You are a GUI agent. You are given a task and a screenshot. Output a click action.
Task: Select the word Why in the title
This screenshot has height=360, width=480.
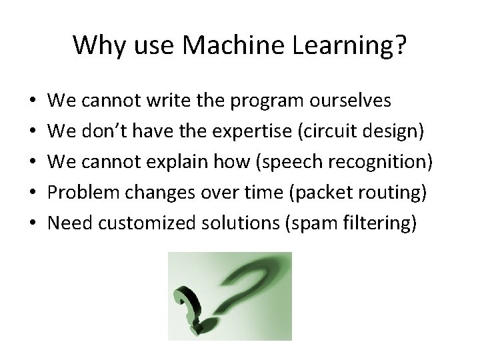coord(94,45)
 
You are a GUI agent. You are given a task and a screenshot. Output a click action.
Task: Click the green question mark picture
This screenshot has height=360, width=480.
coord(229,295)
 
